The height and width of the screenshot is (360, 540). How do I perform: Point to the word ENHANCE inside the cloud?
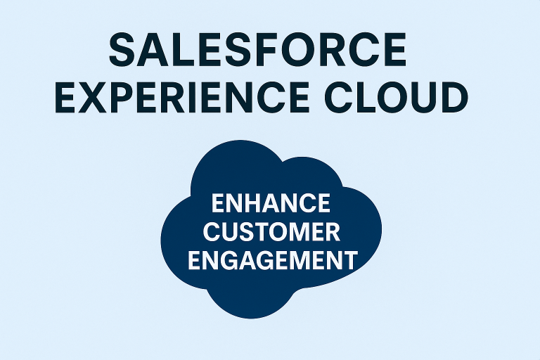[x=271, y=204]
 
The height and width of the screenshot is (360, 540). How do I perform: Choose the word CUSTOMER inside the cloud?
[x=271, y=232]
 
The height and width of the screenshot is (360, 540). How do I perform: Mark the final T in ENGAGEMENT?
[x=349, y=260]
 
